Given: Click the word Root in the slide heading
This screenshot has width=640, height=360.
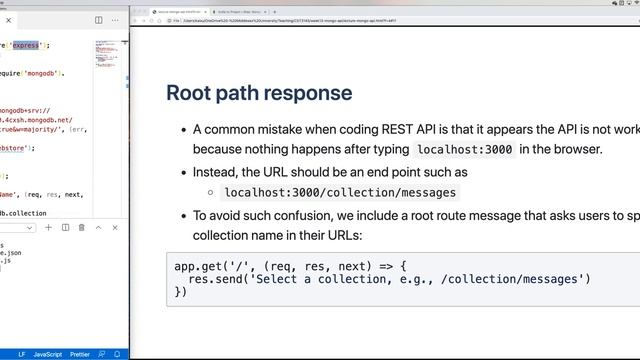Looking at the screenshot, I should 189,93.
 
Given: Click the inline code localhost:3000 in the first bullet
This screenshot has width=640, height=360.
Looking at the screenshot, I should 465,150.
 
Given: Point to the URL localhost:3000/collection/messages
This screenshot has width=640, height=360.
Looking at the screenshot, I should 340,192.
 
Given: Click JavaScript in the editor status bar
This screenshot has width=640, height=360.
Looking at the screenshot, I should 49,354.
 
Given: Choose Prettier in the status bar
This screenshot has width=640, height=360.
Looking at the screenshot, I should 85,354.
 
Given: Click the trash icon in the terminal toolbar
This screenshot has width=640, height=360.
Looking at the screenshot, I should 82,227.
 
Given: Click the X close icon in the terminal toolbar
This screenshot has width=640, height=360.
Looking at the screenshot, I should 114,227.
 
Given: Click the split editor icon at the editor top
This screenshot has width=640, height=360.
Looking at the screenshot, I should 98,19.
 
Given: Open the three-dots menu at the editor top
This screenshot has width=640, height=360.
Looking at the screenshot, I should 115,19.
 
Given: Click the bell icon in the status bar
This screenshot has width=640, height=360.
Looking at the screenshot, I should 117,354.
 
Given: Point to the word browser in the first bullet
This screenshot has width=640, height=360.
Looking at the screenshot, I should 574,150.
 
